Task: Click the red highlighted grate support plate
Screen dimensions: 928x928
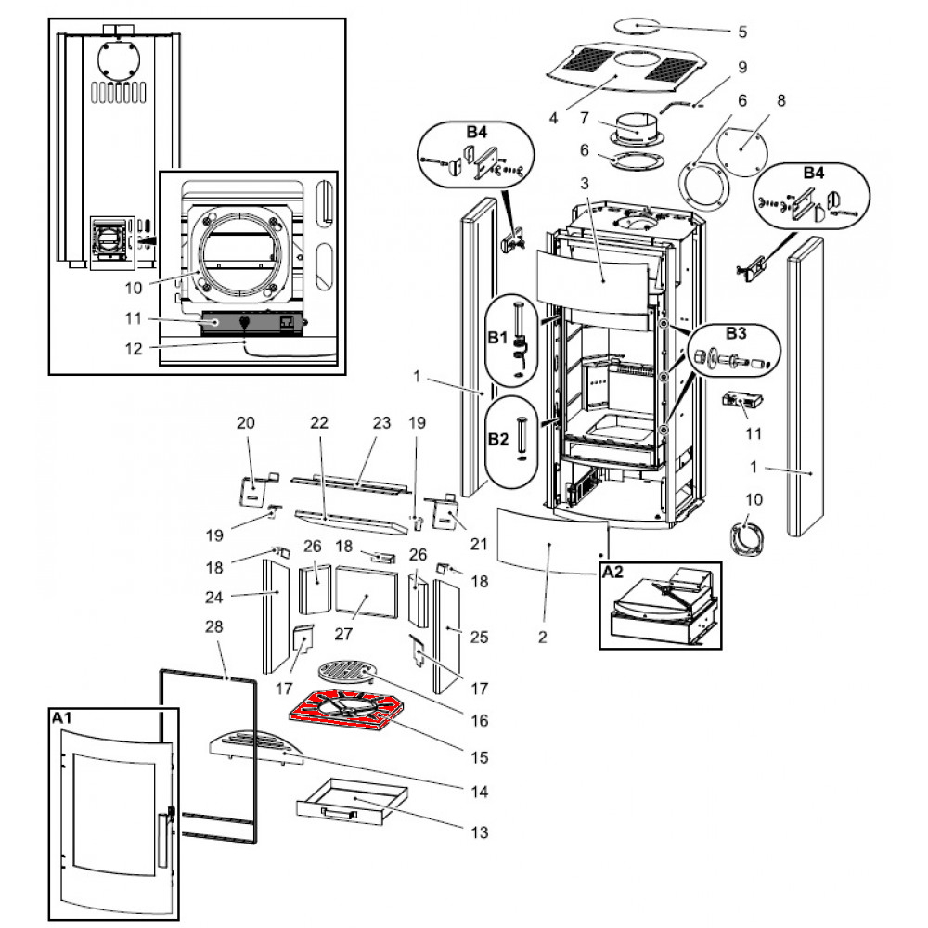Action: (x=342, y=710)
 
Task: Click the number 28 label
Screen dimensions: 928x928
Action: (x=213, y=626)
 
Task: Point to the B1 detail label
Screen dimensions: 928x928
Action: (x=497, y=338)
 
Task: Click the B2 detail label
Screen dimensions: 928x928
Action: (x=497, y=440)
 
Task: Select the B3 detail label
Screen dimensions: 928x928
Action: (x=736, y=333)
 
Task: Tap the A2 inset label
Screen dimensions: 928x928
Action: (x=612, y=572)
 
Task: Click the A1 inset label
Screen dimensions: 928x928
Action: (x=61, y=718)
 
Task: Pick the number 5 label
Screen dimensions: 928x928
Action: (x=742, y=32)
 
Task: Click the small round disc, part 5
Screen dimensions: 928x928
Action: (x=637, y=26)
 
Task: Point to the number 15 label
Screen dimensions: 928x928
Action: (x=480, y=757)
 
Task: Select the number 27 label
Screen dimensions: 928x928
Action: (x=343, y=634)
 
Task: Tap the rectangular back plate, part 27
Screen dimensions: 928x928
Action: (x=367, y=592)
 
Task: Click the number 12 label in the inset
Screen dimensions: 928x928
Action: (x=134, y=349)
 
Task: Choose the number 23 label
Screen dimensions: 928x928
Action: (x=381, y=422)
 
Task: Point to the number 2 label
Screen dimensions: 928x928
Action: (x=543, y=638)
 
